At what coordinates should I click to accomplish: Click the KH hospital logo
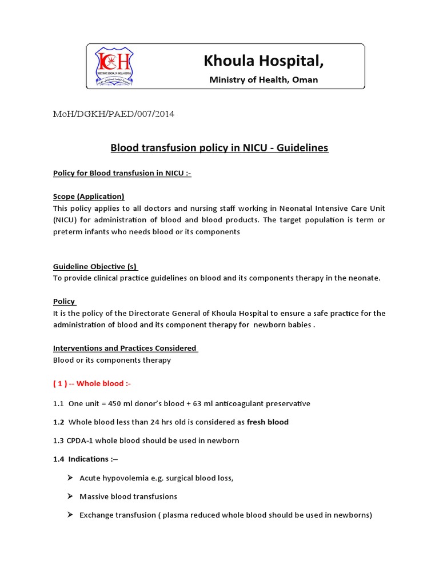pos(114,66)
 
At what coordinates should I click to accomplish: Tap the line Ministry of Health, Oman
pos(264,79)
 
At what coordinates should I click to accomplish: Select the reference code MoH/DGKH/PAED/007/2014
pos(114,114)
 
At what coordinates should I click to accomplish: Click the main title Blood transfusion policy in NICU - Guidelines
pos(219,148)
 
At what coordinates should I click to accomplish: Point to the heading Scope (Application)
pos(89,196)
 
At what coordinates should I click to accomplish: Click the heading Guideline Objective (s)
pos(95,267)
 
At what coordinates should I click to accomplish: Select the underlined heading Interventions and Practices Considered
pos(125,348)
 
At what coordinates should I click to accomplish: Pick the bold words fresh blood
pos(268,422)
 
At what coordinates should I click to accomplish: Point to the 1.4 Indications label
pos(85,459)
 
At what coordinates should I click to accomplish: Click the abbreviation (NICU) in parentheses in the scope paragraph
pos(66,220)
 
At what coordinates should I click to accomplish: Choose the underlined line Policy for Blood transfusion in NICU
pos(122,173)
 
